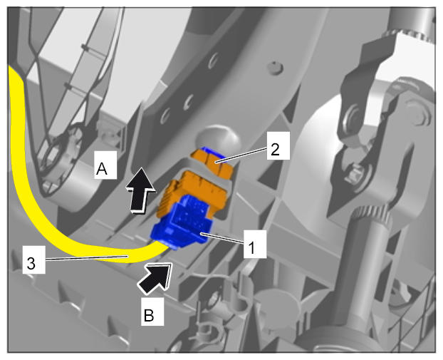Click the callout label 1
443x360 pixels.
255,244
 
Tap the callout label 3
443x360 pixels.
33,260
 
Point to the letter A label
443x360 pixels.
105,165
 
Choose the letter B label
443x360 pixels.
152,312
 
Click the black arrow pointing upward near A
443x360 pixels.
140,190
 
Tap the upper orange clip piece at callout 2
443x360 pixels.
214,163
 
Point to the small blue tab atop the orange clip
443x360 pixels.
212,152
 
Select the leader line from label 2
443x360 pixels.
241,155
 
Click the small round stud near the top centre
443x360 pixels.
275,68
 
